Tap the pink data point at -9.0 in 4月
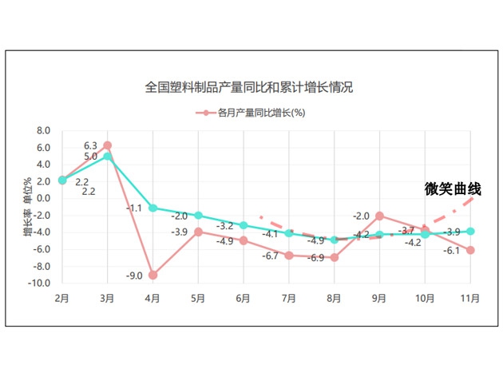(x=152, y=275)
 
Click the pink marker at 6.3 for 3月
(x=107, y=145)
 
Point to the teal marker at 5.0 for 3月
(x=107, y=157)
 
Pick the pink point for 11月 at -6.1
(x=470, y=250)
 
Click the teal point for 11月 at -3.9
(x=470, y=232)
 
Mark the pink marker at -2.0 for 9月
(x=379, y=216)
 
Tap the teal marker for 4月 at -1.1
(x=152, y=208)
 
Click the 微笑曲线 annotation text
(x=453, y=189)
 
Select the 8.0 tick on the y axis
(x=43, y=131)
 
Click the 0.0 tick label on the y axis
(x=43, y=199)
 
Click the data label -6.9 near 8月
(x=316, y=258)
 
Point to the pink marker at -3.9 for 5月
(x=198, y=232)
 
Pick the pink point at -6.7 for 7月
(x=288, y=256)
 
